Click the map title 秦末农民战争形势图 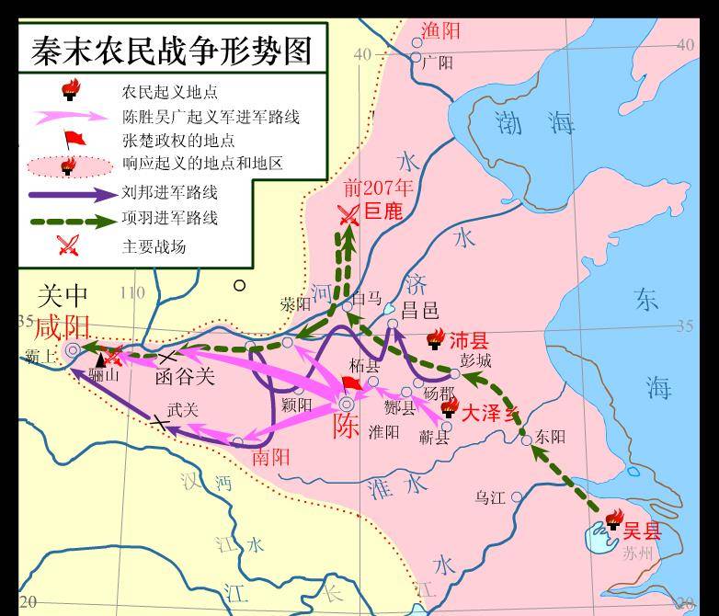172,50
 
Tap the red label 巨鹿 383,211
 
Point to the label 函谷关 184,376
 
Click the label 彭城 476,359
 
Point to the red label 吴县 642,530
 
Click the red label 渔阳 440,31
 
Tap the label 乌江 490,497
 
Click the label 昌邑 419,310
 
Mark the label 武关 182,410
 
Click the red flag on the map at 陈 350,383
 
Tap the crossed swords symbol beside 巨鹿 348,214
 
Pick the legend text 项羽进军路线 169,219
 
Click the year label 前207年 379,188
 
